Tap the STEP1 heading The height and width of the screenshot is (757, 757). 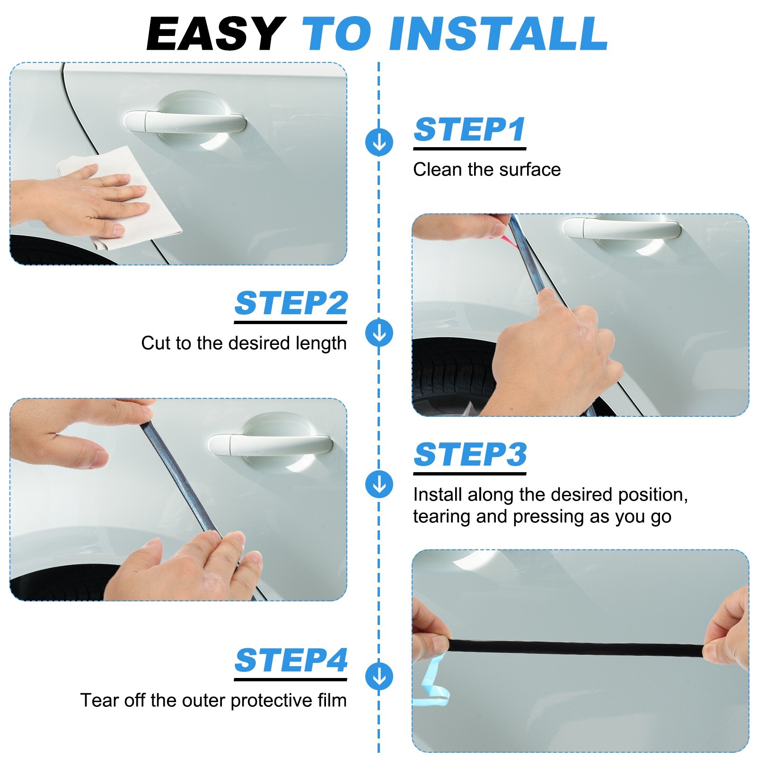coord(470,129)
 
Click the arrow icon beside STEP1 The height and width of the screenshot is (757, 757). coord(379,142)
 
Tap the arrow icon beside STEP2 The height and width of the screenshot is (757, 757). coord(379,333)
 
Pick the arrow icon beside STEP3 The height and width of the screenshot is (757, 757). coord(379,484)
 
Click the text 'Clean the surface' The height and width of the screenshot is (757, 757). coord(487,169)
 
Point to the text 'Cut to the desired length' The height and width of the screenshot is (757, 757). coord(244,343)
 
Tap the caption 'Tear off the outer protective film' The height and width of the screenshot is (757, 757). coord(213,700)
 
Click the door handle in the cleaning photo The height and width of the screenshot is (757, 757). coord(185,121)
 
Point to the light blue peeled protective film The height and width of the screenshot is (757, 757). coord(431,681)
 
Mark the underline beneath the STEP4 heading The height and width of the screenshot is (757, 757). coord(290,679)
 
